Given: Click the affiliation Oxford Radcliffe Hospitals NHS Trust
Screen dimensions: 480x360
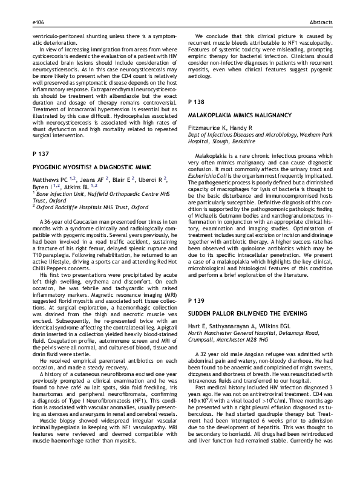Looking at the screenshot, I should [90, 207].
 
